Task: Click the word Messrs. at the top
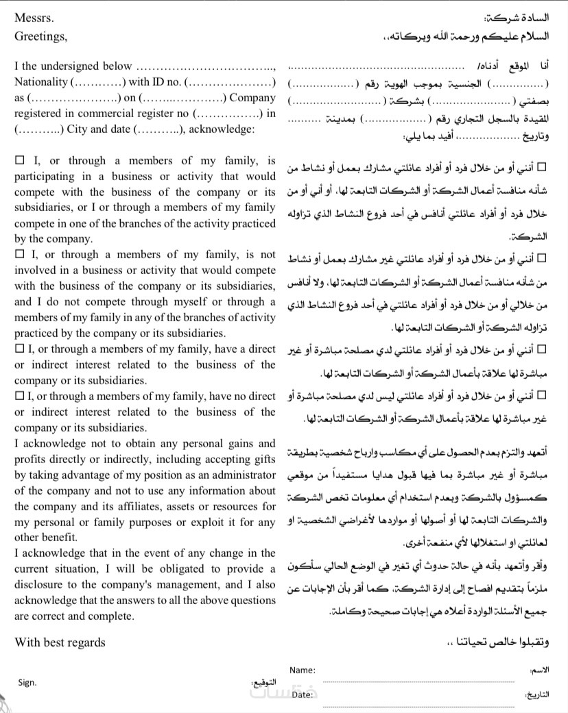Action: point(33,19)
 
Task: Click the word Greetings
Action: point(40,37)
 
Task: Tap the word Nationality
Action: point(41,82)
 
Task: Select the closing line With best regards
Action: point(60,642)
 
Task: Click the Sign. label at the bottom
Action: point(28,682)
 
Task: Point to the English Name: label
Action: point(303,670)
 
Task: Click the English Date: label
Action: point(303,695)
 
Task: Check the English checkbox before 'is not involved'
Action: point(19,254)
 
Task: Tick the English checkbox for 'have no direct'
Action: point(19,397)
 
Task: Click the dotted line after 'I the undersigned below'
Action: point(206,67)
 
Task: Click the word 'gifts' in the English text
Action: point(261,459)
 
